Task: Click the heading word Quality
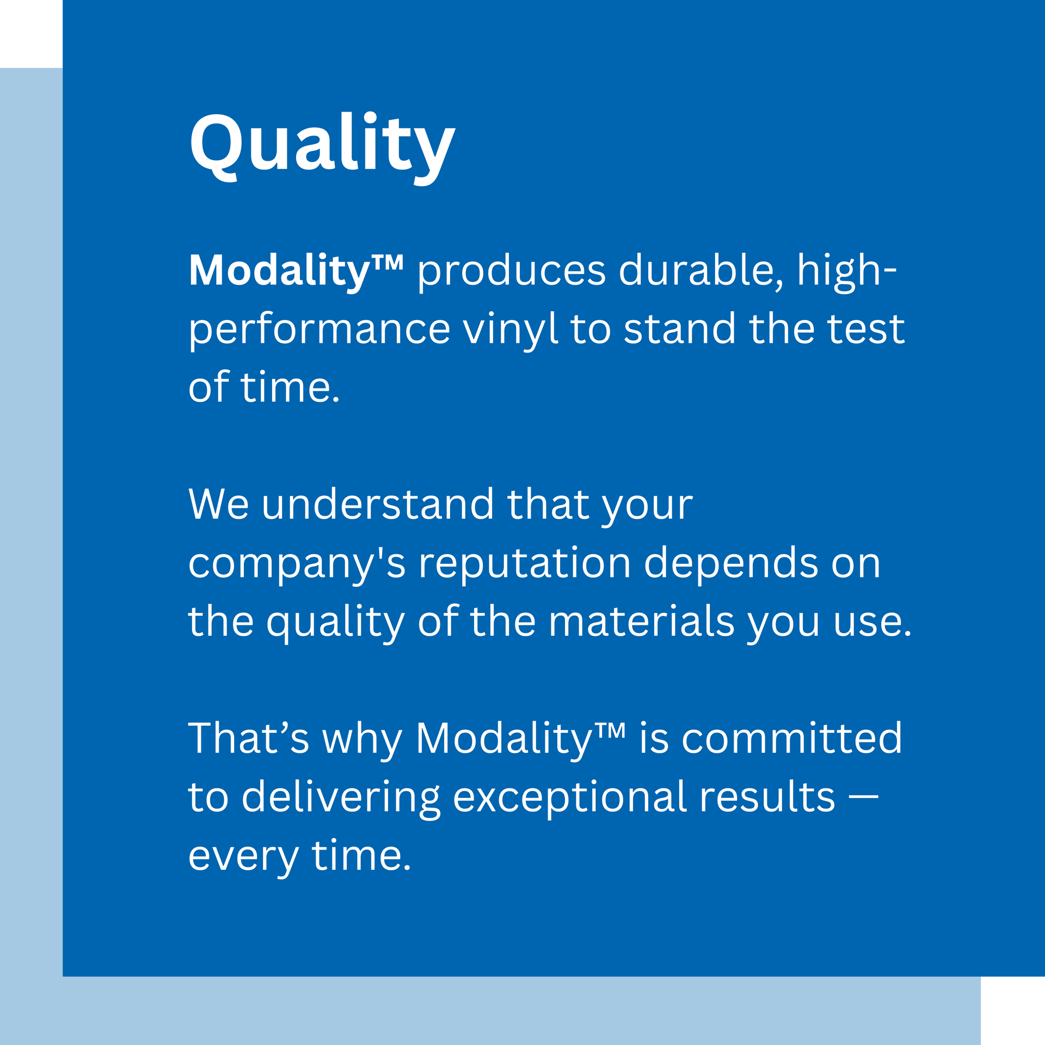pos(322,147)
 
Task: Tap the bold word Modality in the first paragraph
pos(279,272)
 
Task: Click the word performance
pos(319,330)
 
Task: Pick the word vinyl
pos(511,330)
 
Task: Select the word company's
pos(297,564)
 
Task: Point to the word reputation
pos(525,564)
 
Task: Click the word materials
pos(642,622)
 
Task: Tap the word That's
pos(249,739)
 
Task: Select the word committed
pos(792,739)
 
